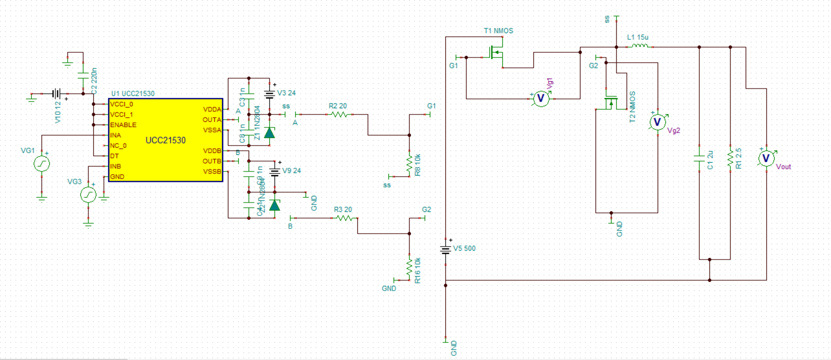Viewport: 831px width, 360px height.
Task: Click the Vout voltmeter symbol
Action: [x=766, y=159]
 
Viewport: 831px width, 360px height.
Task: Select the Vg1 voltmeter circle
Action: [x=541, y=98]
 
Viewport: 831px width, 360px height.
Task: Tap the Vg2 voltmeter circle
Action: [x=658, y=122]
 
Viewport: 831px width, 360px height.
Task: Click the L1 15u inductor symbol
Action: [x=640, y=46]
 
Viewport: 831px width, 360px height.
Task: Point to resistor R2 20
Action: [x=339, y=114]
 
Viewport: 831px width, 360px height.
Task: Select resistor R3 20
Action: [x=344, y=218]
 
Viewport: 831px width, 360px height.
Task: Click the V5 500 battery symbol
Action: [x=445, y=250]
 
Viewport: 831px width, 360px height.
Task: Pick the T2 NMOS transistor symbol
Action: [x=611, y=103]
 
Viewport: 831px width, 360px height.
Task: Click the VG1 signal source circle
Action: [x=41, y=164]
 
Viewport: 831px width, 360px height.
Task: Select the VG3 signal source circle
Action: [x=88, y=195]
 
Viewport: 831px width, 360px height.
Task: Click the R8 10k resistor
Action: [x=409, y=165]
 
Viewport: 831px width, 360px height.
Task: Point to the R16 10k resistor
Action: [x=409, y=268]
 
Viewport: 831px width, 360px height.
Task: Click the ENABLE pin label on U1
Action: [x=123, y=125]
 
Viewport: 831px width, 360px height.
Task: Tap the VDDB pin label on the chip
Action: [x=212, y=151]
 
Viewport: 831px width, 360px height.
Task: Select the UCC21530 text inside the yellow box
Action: [x=165, y=140]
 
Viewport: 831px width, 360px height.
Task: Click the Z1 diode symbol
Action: [x=269, y=133]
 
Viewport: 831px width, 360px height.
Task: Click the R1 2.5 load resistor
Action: [x=730, y=159]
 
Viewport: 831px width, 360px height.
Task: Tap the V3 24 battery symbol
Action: [x=269, y=94]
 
